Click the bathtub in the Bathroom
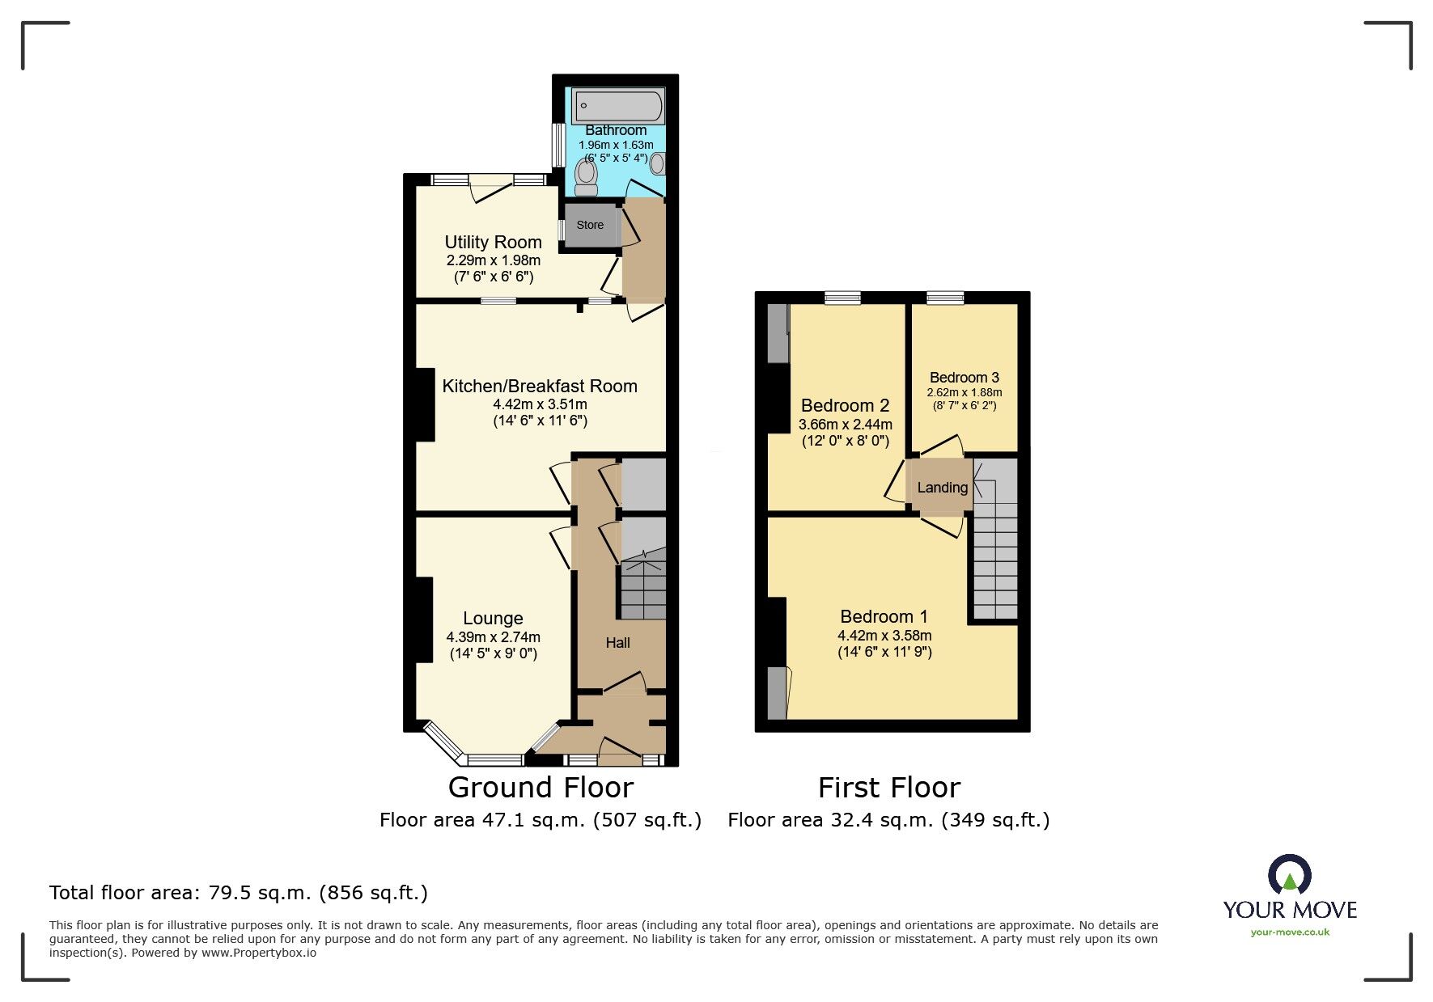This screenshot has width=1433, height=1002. click(618, 106)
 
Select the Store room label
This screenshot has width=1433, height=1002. click(590, 226)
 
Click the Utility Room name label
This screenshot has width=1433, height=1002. click(493, 242)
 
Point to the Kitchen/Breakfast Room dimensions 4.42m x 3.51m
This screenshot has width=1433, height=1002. click(540, 404)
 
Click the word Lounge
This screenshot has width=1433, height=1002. click(493, 619)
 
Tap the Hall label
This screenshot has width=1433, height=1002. click(617, 643)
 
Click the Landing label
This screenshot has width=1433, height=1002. click(942, 488)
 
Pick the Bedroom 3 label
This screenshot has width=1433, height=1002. click(964, 378)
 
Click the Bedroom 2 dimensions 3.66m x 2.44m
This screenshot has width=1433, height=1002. click(846, 425)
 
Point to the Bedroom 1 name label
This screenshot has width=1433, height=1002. click(884, 617)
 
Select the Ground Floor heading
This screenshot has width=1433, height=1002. click(541, 787)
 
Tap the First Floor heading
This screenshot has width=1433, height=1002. click(888, 787)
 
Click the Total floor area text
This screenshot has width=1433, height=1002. click(238, 893)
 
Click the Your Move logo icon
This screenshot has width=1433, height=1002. click(1289, 875)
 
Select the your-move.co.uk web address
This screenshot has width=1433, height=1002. click(1290, 932)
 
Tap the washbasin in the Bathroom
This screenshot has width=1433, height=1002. click(658, 164)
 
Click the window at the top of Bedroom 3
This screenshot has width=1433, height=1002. click(944, 298)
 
